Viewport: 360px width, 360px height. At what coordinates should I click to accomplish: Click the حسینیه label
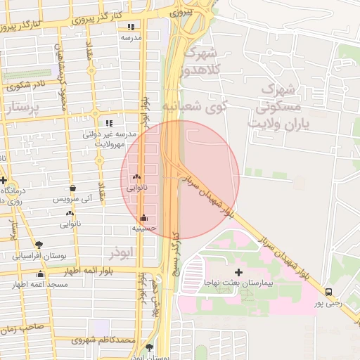143,229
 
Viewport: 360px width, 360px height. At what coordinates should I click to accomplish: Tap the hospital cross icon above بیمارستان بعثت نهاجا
238,272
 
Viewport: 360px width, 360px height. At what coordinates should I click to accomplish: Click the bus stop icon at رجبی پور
329,292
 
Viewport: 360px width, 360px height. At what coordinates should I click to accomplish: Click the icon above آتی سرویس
73,188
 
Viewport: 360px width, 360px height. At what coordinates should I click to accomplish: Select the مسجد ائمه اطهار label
40,285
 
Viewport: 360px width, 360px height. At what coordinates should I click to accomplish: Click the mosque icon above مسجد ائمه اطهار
40,274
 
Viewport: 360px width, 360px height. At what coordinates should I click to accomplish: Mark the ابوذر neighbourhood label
121,251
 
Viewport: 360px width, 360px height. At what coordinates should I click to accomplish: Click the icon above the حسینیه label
144,218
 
